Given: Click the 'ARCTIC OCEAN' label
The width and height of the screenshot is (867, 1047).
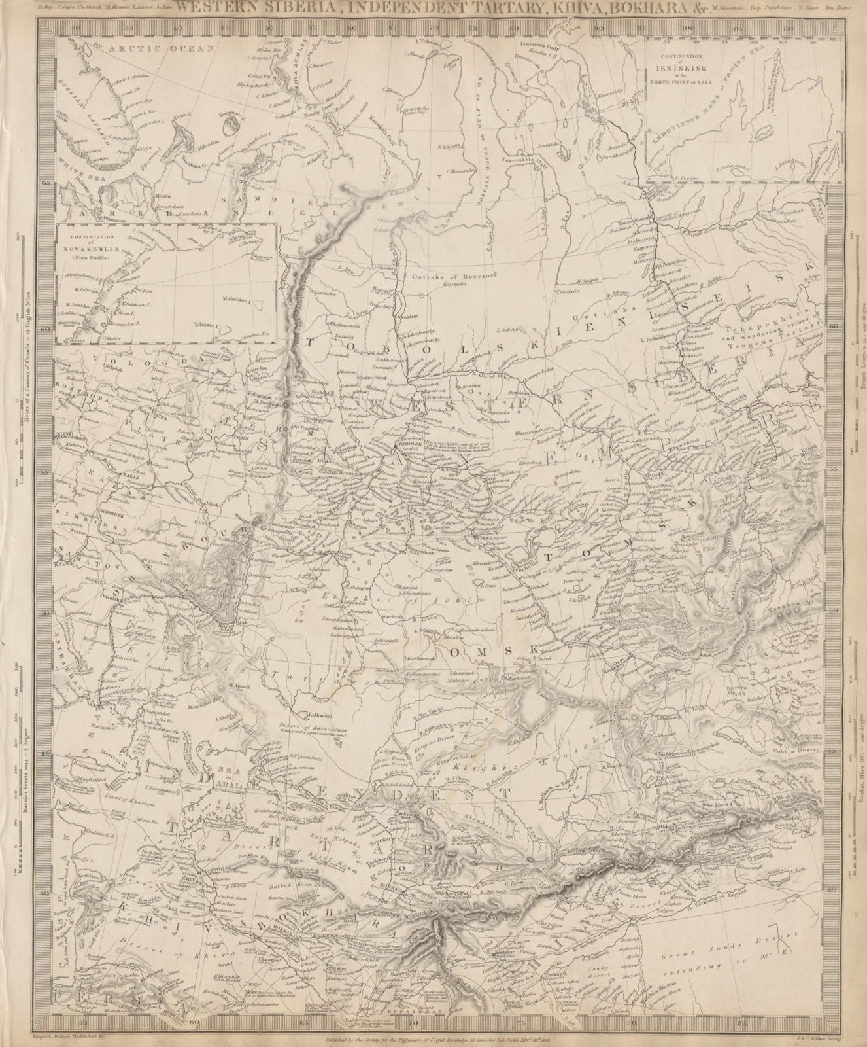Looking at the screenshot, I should click(x=141, y=48).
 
